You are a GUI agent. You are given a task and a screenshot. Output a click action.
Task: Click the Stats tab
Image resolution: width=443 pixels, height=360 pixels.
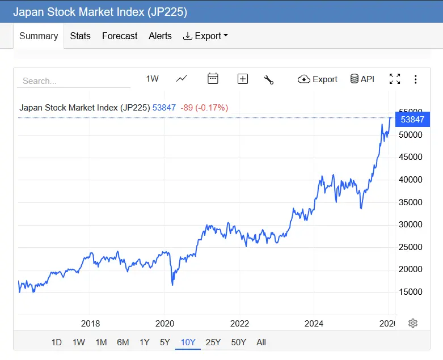point(80,36)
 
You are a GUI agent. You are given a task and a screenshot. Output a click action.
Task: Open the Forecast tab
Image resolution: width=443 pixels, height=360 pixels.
point(120,36)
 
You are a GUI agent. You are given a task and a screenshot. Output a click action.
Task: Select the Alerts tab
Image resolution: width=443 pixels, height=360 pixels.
point(160,36)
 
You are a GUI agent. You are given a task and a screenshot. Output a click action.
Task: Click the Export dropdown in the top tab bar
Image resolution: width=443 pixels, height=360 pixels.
point(205,36)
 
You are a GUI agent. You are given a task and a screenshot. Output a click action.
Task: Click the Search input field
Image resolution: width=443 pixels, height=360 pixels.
point(74,81)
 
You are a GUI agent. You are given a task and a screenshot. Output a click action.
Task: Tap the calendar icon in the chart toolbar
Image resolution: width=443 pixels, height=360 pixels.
point(213,79)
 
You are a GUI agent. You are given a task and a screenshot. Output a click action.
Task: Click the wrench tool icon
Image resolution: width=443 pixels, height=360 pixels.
point(269,79)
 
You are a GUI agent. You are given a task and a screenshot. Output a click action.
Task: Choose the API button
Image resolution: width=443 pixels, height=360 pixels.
point(362,79)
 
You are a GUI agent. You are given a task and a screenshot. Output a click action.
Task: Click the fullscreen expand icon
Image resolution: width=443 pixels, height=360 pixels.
point(395,79)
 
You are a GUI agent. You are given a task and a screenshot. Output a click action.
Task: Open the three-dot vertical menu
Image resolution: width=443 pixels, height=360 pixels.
point(416,79)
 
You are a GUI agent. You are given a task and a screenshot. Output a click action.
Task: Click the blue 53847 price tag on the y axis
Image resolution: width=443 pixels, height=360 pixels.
point(412,119)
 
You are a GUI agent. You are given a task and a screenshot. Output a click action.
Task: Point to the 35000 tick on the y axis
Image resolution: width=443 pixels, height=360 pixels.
point(411,202)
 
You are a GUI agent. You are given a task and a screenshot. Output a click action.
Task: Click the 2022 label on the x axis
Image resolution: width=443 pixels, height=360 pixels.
point(239,323)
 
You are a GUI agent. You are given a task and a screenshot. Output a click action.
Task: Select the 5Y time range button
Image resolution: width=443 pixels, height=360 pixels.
point(164,342)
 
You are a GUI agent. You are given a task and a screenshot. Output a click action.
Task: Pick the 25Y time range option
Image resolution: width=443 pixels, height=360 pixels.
point(213,342)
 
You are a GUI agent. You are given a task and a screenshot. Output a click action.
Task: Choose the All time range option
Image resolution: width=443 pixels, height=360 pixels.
point(261,342)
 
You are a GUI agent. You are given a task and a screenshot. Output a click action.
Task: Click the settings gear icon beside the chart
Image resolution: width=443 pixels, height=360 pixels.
point(413,323)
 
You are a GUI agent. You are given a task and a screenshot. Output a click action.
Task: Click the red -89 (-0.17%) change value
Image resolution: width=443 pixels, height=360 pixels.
point(204,107)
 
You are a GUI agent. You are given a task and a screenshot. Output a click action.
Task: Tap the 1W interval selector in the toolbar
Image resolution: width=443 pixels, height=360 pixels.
point(152,79)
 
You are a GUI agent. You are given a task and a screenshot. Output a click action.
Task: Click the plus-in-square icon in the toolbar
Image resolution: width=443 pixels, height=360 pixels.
point(243,79)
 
